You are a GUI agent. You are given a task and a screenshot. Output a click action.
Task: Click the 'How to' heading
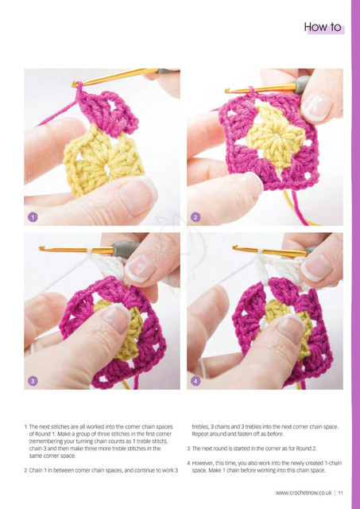323,27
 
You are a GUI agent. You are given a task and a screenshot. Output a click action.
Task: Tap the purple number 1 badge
33,217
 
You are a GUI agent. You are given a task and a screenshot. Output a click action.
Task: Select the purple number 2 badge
195,217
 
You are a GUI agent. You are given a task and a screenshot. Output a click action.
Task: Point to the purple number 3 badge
33,380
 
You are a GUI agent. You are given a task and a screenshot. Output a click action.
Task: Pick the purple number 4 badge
195,380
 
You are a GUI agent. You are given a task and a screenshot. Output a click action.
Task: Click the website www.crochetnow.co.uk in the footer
304,493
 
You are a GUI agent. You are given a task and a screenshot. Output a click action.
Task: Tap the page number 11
341,493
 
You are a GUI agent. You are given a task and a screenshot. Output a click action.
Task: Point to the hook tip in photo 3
41,248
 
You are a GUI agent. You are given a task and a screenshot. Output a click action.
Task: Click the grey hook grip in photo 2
302,85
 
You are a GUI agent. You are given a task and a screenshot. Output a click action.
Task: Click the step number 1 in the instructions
25,426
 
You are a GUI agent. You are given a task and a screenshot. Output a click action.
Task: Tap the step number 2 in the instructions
25,470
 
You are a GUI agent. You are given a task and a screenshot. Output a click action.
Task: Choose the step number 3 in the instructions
188,449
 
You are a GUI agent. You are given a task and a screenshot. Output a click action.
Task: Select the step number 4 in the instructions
188,463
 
